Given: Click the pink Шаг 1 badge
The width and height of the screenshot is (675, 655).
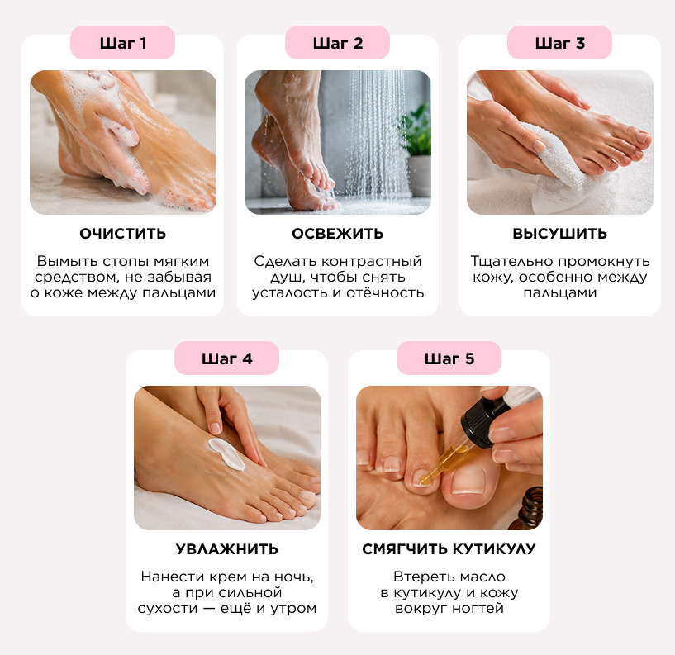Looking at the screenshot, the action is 122,43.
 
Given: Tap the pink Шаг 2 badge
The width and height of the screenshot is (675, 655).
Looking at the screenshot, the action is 337,43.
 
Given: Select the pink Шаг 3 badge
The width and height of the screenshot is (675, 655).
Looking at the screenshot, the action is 559,43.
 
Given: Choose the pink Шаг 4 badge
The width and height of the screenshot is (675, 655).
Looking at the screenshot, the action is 227,358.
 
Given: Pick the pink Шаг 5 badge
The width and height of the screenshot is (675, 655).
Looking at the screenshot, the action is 449,358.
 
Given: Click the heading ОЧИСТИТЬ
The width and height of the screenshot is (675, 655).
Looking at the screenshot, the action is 122,234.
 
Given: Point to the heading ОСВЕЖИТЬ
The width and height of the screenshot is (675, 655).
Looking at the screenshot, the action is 337,234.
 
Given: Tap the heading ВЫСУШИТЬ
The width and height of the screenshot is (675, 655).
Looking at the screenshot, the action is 559,234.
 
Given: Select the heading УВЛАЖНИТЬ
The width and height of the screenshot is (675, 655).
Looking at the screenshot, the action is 227,549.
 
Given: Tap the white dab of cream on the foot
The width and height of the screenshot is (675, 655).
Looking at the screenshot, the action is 226,454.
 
